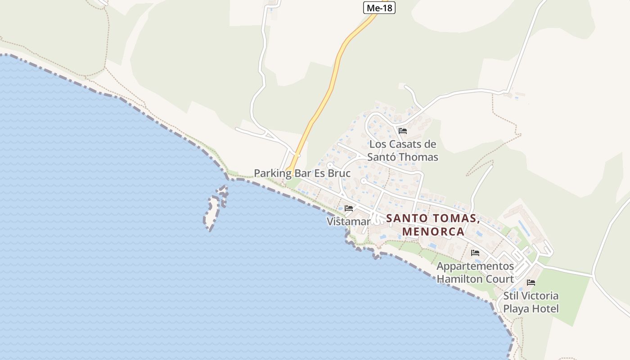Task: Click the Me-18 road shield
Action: click(x=379, y=8)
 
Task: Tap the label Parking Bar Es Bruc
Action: click(x=302, y=173)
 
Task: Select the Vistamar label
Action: click(x=348, y=221)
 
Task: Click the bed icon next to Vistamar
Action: click(x=349, y=208)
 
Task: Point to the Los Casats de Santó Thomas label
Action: click(x=403, y=151)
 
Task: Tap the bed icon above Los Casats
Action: click(x=403, y=131)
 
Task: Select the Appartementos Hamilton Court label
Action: click(x=475, y=272)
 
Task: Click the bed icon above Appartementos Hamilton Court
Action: click(x=475, y=252)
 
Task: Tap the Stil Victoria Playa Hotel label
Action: click(x=531, y=302)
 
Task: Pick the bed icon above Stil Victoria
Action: click(x=531, y=283)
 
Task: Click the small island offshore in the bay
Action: click(x=212, y=210)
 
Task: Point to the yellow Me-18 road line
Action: click(x=333, y=81)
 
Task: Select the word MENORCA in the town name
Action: click(x=433, y=231)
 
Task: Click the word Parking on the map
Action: click(x=273, y=173)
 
